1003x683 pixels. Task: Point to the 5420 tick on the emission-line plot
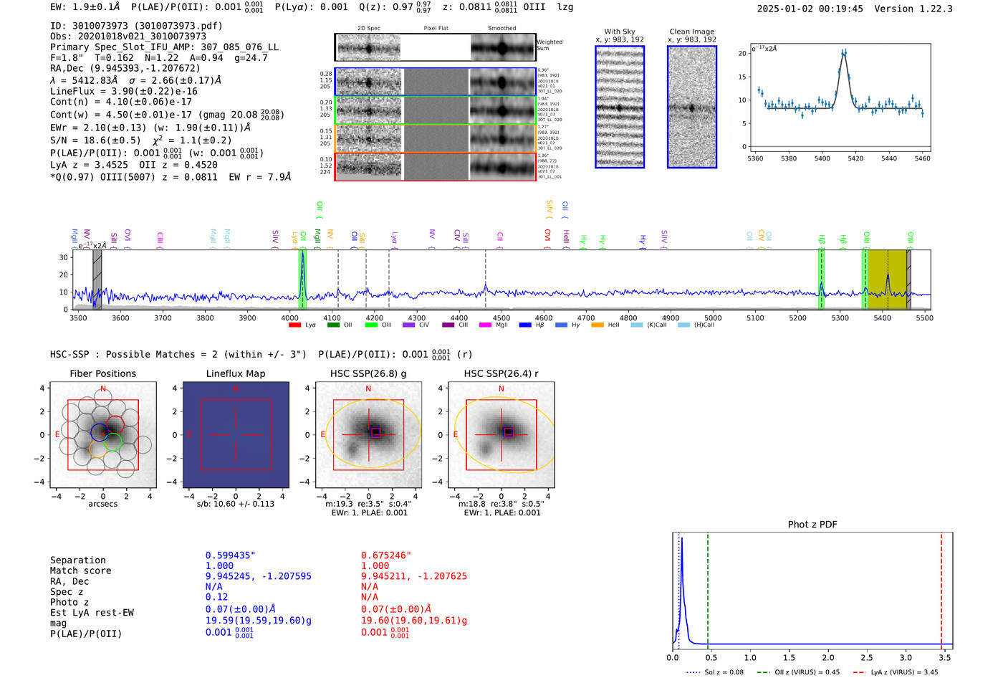[x=855, y=158]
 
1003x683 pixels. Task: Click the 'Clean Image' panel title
[x=691, y=32]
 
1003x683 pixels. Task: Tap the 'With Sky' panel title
[x=620, y=32]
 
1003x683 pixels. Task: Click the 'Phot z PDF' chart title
[x=812, y=525]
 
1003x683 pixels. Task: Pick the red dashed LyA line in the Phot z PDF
[x=941, y=588]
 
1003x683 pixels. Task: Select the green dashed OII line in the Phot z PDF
[x=707, y=588]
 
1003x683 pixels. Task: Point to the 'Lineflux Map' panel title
[x=236, y=373]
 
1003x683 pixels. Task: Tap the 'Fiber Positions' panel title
[x=103, y=373]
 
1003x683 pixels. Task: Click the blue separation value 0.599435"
[x=230, y=555]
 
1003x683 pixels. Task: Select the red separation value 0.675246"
[x=386, y=555]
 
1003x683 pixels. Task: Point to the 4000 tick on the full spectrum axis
[x=289, y=318]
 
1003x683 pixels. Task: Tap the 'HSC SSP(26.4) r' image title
[x=501, y=373]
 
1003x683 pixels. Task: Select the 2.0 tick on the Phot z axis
[x=828, y=657]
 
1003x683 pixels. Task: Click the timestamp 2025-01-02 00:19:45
[x=810, y=9]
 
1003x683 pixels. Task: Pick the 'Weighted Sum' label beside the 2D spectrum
[x=550, y=45]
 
